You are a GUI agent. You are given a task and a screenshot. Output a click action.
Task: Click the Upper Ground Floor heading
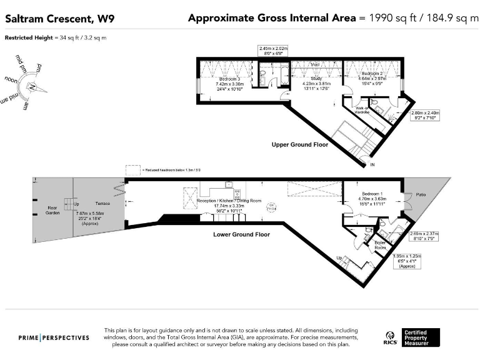pyautogui.click(x=299, y=144)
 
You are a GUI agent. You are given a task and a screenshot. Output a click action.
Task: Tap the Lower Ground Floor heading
pyautogui.click(x=241, y=234)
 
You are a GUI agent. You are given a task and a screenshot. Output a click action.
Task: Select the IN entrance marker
pyautogui.click(x=372, y=165)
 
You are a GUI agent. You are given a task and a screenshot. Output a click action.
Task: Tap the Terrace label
pyautogui.click(x=102, y=204)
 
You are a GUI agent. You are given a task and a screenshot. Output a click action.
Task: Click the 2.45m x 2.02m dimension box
pyautogui.click(x=273, y=51)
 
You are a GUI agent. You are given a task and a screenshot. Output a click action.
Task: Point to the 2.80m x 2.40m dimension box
pyautogui.click(x=426, y=114)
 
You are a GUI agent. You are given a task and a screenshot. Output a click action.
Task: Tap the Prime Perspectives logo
pyautogui.click(x=54, y=337)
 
